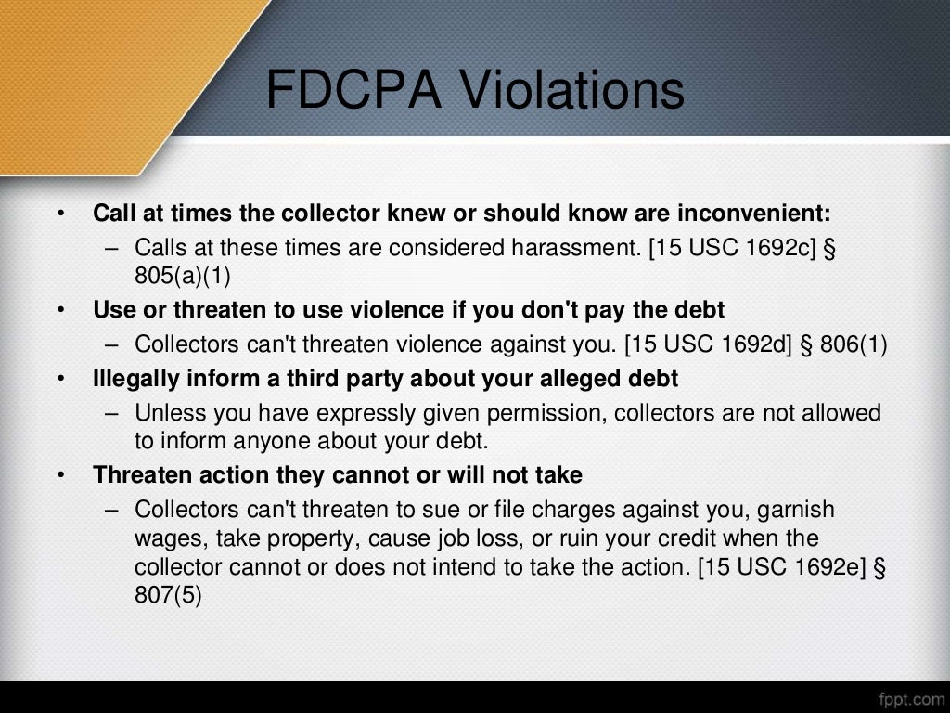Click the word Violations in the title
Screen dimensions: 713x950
(571, 91)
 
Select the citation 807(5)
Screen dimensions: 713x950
(168, 594)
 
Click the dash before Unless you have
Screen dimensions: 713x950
(112, 412)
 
